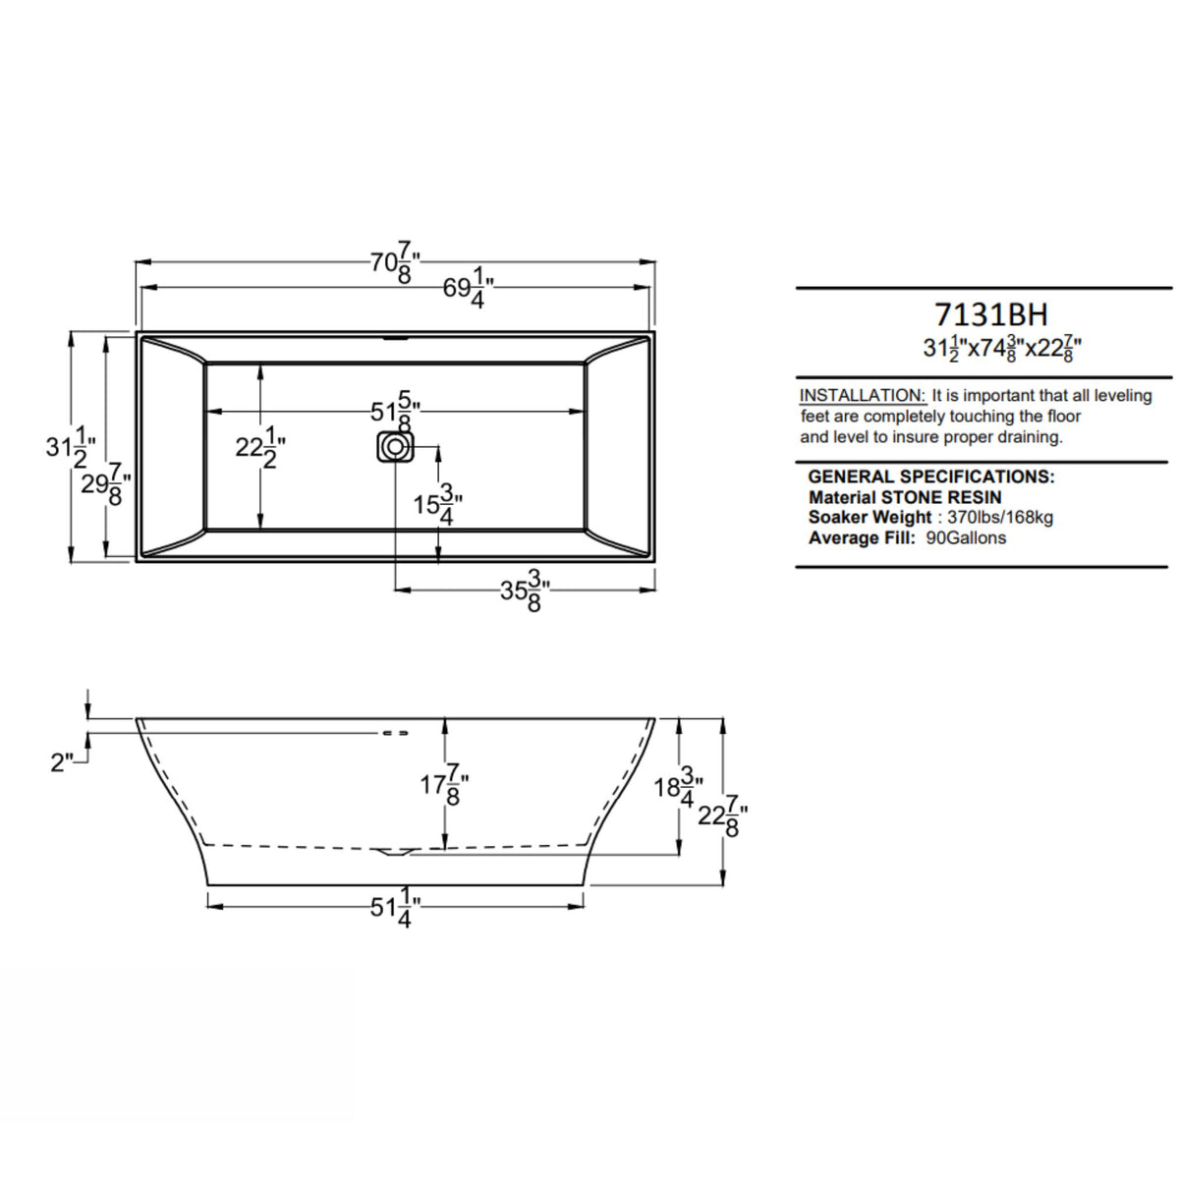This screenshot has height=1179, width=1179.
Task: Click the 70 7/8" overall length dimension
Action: pos(395,263)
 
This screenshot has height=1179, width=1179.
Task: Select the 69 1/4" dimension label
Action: pos(468,290)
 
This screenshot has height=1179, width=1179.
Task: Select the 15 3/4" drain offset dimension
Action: pos(437,505)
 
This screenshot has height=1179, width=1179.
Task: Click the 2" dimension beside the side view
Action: pos(63,761)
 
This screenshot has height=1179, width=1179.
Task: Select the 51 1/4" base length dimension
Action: pos(395,908)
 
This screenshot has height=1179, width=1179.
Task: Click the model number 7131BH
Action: pos(990,314)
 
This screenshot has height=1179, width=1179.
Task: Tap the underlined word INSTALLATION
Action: pos(862,395)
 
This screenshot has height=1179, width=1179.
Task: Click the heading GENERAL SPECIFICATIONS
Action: pos(930,477)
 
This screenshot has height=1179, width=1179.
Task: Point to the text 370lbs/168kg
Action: pos(1000,518)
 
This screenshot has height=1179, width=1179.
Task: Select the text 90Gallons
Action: pos(966,538)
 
